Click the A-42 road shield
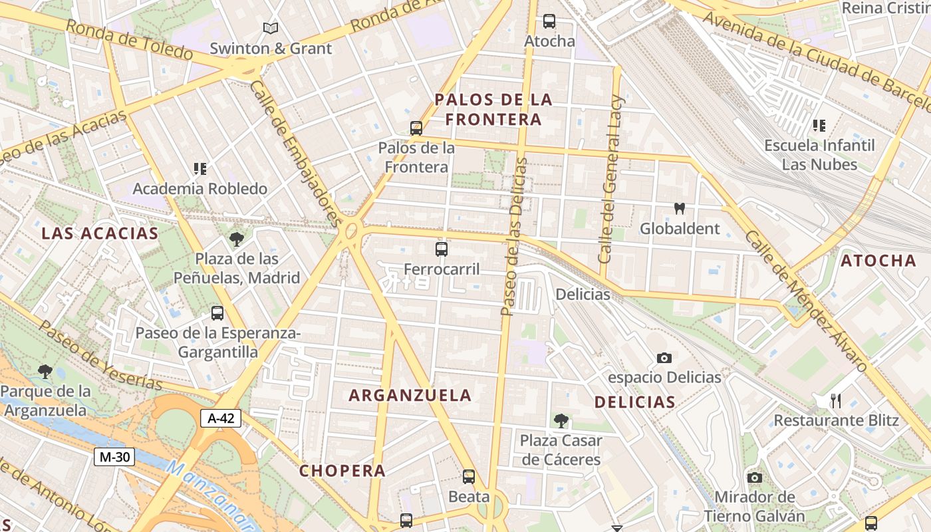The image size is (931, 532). point(220,418)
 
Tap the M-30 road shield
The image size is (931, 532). point(114,457)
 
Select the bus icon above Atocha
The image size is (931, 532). point(549,21)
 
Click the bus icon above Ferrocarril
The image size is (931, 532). point(442,249)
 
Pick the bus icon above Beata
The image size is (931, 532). point(469,476)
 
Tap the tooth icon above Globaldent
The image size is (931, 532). point(679,209)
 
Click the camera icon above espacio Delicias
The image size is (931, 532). point(664,358)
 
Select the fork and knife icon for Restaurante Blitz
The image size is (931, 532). point(836,400)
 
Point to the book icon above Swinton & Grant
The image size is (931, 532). point(270,28)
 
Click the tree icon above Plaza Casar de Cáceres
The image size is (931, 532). point(561,420)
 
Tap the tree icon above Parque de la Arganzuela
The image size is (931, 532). point(45,371)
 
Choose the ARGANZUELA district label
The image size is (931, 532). point(410,395)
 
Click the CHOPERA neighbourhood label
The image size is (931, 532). point(342,471)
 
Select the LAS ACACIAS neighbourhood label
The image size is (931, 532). point(100,233)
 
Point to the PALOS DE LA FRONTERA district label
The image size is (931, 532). point(493,110)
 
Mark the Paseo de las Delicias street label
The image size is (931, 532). point(514,237)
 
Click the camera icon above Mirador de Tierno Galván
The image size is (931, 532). point(754,477)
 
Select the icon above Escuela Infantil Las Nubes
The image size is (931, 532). point(819,125)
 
